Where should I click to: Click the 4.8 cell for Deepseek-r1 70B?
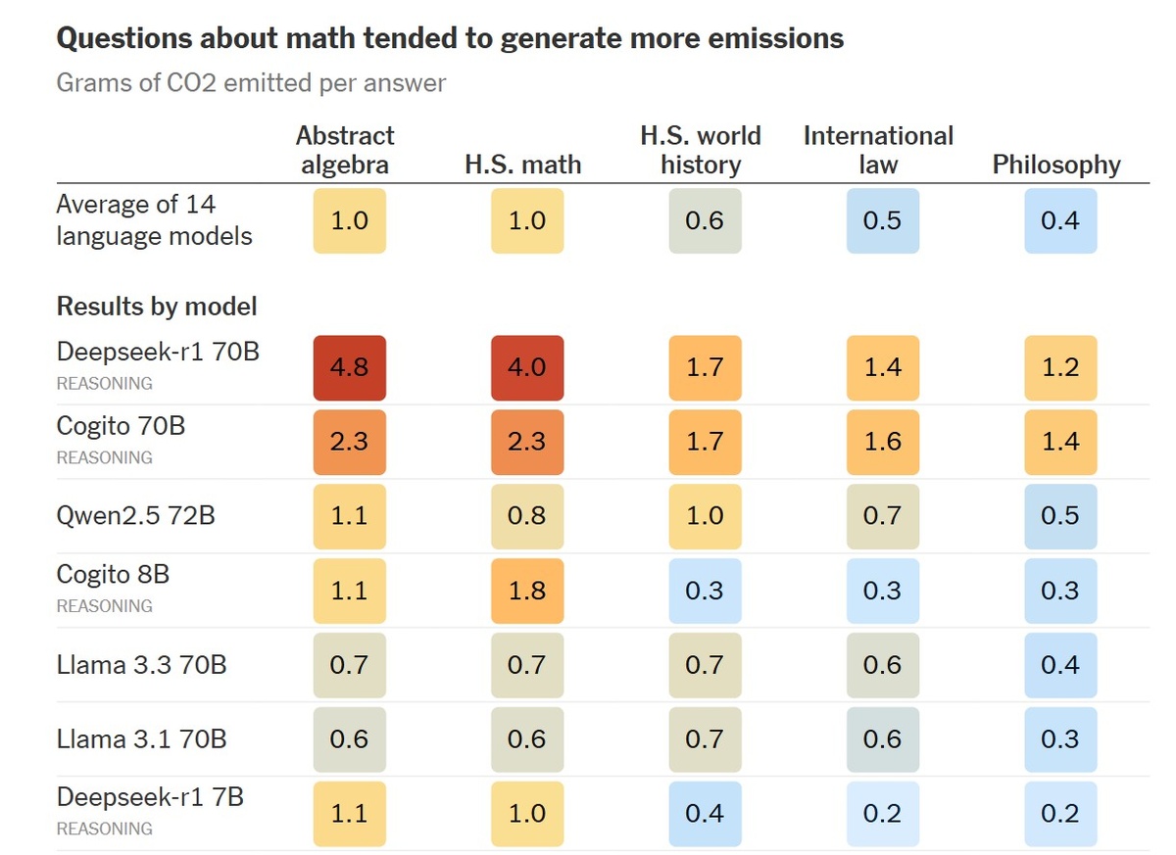(349, 367)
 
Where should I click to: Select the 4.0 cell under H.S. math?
(527, 367)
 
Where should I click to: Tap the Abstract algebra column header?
(345, 150)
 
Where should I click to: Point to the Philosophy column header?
(1056, 165)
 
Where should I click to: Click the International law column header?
(878, 150)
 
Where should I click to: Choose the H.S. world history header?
(701, 150)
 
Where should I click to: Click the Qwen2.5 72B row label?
(135, 514)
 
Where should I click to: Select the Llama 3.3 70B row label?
(141, 665)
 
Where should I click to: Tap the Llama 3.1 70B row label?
(141, 738)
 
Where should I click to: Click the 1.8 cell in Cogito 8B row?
(527, 591)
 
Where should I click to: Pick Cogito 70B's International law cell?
(882, 442)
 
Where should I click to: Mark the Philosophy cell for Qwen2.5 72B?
(1060, 516)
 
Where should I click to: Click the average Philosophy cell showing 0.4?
(1060, 220)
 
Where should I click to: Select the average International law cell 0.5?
(882, 220)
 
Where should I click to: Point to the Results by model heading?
(157, 307)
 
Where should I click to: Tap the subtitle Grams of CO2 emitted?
(251, 82)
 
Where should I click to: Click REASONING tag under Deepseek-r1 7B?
(105, 829)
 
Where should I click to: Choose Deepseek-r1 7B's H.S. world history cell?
(705, 813)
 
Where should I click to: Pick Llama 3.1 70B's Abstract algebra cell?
(349, 739)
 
